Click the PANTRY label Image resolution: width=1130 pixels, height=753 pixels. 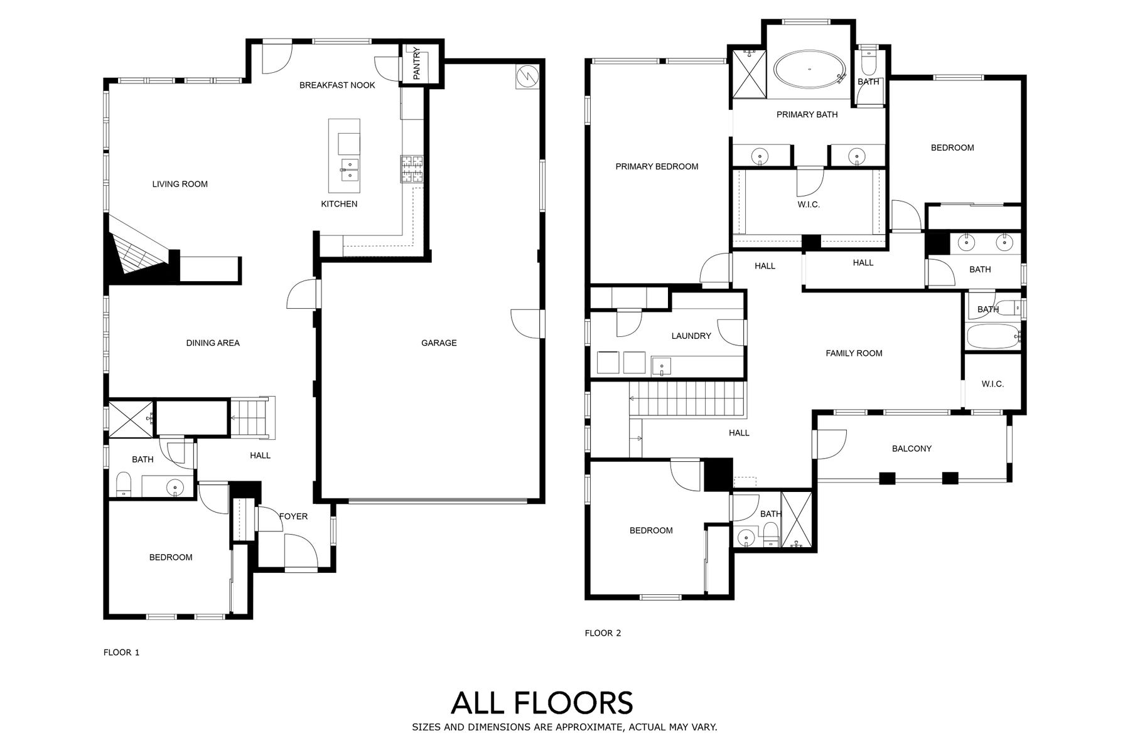[417, 63]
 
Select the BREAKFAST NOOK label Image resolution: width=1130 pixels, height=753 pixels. [337, 85]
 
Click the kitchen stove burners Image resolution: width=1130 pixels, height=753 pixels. [412, 168]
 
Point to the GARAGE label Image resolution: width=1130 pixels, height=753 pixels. [439, 343]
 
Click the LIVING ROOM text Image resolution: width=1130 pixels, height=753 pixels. [180, 184]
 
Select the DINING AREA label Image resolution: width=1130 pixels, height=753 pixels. [213, 343]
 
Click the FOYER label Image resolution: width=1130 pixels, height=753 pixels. [293, 516]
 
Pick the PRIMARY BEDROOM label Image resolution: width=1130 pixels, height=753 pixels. [657, 166]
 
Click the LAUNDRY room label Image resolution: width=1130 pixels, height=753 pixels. [691, 336]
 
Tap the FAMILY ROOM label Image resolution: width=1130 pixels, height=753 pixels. [854, 353]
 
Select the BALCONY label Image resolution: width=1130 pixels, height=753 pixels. [912, 449]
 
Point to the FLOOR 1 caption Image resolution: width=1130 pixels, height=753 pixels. [121, 653]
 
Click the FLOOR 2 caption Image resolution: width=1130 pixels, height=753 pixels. [603, 633]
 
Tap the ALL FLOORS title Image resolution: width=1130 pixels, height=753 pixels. [542, 703]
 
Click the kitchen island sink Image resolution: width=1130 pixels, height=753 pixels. [349, 169]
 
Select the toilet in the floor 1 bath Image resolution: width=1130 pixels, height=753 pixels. [124, 485]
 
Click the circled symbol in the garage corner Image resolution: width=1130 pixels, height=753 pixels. [526, 76]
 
